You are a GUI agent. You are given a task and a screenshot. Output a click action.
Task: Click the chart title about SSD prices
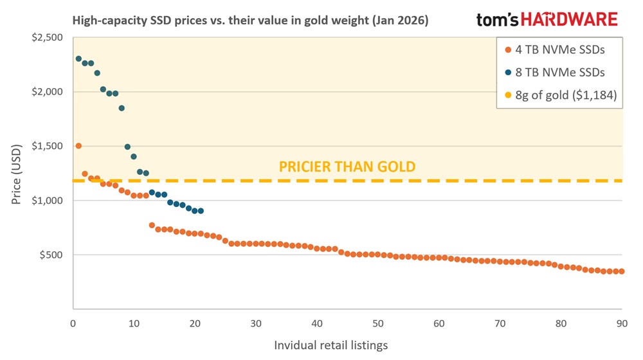(x=250, y=21)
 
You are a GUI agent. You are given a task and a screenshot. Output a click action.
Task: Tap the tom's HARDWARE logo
(x=547, y=19)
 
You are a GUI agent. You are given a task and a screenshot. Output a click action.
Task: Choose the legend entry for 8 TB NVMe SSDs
(x=559, y=73)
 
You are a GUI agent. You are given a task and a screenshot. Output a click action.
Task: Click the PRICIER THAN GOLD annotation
(x=347, y=167)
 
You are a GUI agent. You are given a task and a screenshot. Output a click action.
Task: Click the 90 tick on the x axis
(x=621, y=323)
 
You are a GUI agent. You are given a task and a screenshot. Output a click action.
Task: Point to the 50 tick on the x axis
(x=377, y=323)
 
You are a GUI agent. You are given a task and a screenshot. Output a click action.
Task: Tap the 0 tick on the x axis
(x=73, y=323)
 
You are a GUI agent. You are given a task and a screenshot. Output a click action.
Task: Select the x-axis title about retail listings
(x=331, y=345)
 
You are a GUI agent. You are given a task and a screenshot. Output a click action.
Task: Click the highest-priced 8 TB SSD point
(x=78, y=59)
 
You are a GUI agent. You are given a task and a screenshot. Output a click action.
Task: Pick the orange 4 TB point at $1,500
(x=78, y=146)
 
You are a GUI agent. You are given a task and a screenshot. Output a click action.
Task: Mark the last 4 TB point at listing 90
(x=621, y=271)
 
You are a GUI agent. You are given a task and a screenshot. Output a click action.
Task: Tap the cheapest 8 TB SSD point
(x=201, y=211)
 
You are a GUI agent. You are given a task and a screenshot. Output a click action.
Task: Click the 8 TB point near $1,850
(x=122, y=108)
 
